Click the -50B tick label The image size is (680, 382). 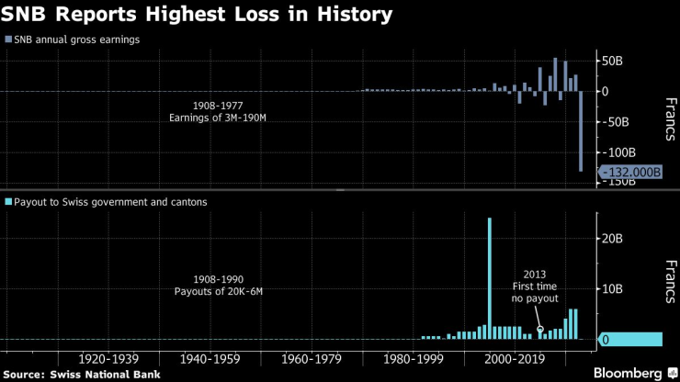click(x=616, y=121)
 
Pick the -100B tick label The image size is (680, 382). click(x=618, y=152)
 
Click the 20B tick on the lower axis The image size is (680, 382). click(x=613, y=238)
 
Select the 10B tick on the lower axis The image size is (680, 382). click(x=613, y=288)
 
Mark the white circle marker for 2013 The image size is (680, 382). click(x=539, y=330)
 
